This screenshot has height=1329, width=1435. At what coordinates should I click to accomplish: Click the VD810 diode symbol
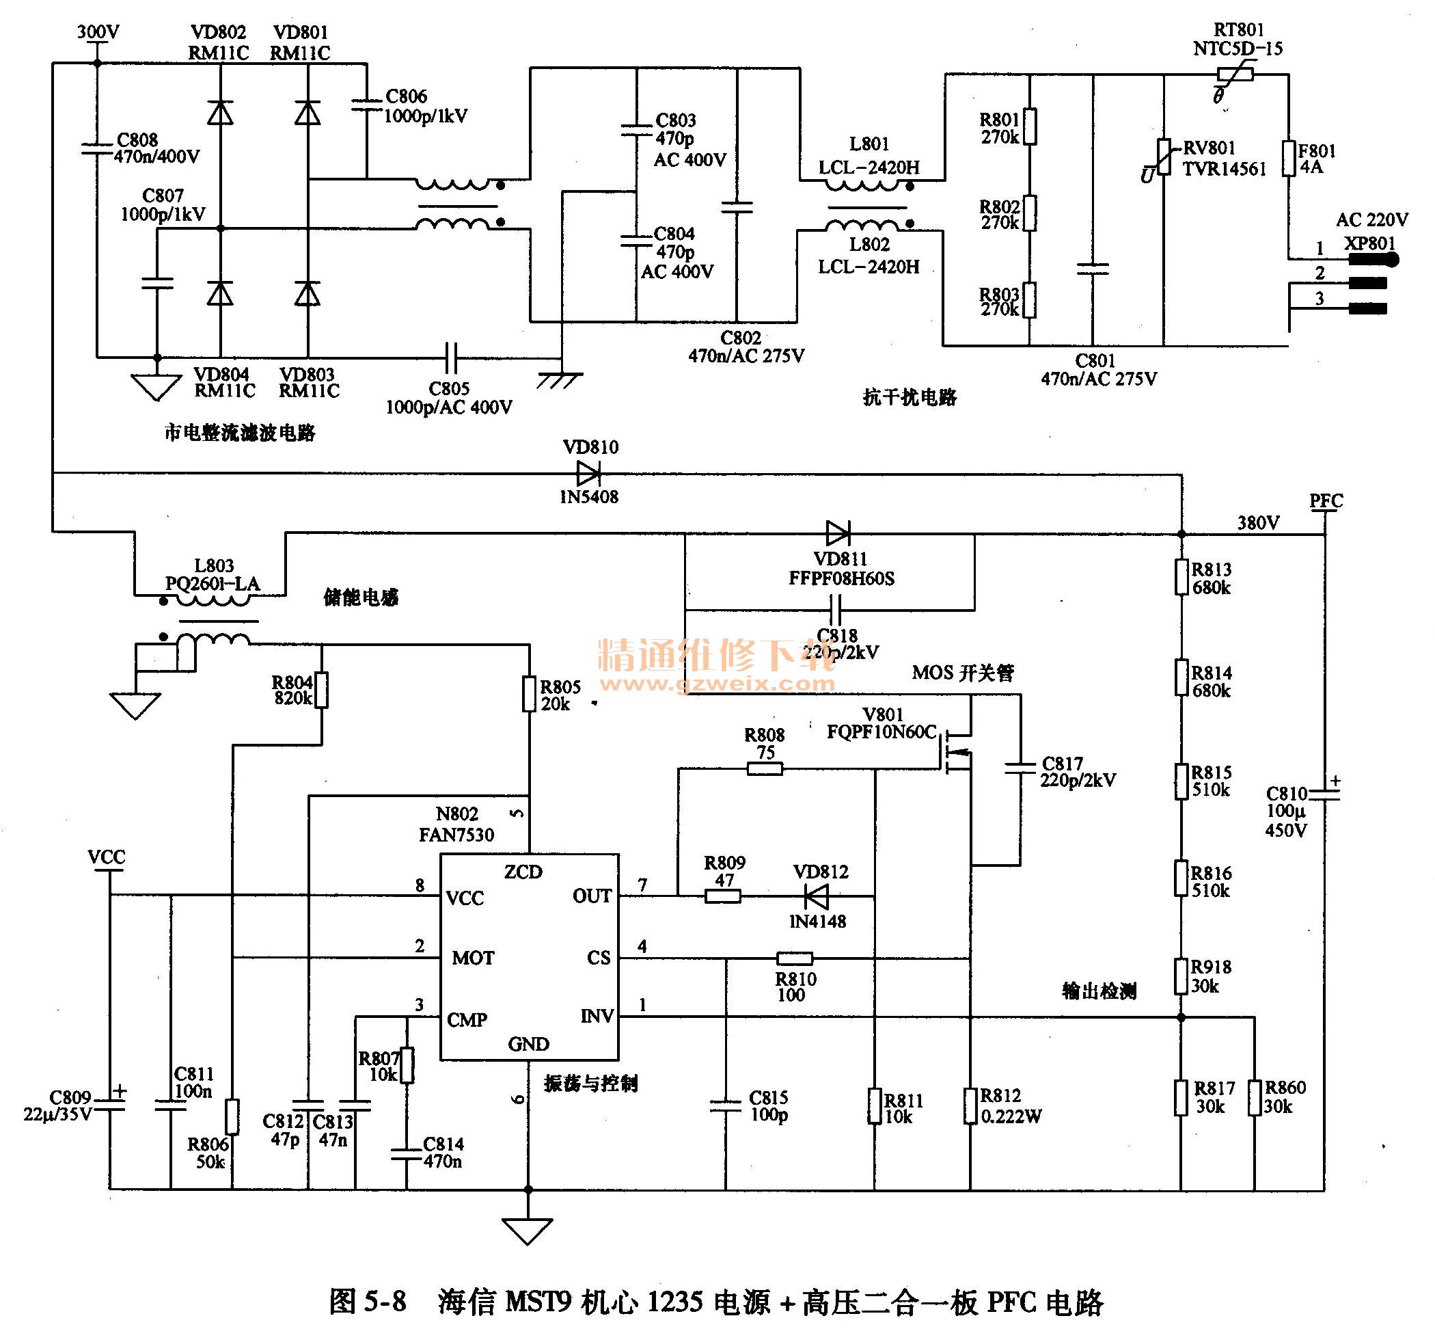click(x=588, y=473)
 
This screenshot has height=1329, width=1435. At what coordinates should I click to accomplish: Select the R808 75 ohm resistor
click(x=764, y=769)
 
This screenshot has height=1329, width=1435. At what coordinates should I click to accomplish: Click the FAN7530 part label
click(x=456, y=834)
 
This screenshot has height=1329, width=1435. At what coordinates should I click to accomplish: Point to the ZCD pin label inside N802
click(x=523, y=872)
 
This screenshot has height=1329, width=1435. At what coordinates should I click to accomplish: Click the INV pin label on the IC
click(x=597, y=1016)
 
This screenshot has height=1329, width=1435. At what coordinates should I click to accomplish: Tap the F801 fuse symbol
click(x=1288, y=158)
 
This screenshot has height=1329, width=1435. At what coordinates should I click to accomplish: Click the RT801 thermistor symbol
click(x=1235, y=74)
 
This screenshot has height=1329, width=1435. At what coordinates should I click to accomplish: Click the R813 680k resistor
click(x=1181, y=578)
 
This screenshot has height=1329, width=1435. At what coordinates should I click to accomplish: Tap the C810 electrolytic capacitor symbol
click(x=1324, y=793)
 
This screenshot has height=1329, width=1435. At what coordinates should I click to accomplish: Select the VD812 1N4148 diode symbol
click(x=816, y=897)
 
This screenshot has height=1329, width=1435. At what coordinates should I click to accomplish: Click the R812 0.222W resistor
click(x=970, y=1105)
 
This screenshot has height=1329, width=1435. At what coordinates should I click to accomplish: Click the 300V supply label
click(x=98, y=31)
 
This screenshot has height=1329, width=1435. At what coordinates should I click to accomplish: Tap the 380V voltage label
click(x=1258, y=523)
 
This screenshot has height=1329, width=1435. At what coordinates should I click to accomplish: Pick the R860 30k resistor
click(x=1255, y=1097)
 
